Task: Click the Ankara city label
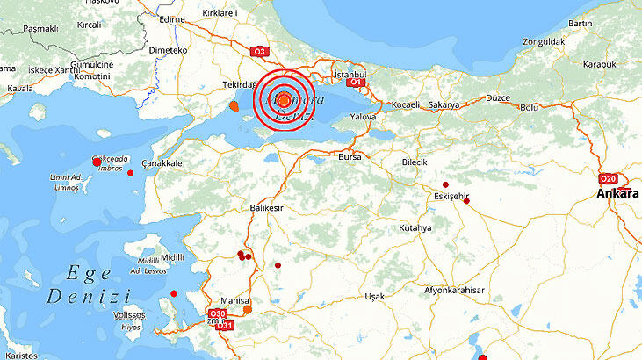pyautogui.click(x=617, y=193)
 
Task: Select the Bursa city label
pyautogui.click(x=350, y=157)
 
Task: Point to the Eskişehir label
pyautogui.click(x=452, y=196)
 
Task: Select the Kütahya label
pyautogui.click(x=415, y=227)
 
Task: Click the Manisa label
pyautogui.click(x=234, y=300)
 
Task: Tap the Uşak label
pyautogui.click(x=375, y=296)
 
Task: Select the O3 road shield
pyautogui.click(x=259, y=52)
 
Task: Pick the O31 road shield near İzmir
pyautogui.click(x=226, y=326)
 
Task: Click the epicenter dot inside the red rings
pyautogui.click(x=284, y=100)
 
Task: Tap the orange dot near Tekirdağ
pyautogui.click(x=234, y=107)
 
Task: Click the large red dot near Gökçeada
pyautogui.click(x=97, y=162)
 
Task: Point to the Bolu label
pyautogui.click(x=529, y=107)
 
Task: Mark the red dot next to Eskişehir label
pyautogui.click(x=445, y=184)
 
